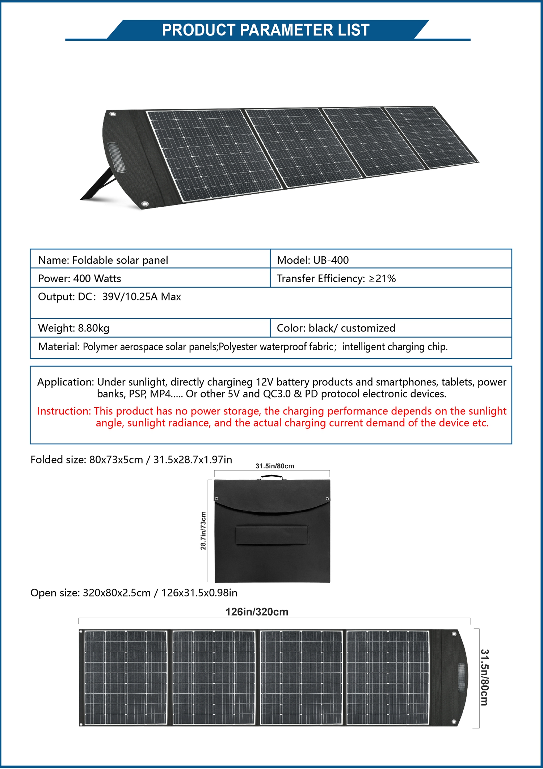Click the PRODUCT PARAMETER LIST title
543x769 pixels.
coord(266,30)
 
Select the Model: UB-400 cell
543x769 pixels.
coord(313,260)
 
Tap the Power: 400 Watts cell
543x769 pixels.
coord(80,278)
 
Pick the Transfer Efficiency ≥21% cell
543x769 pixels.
coord(336,278)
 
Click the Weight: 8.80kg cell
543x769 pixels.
coord(74,328)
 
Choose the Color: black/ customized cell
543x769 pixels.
coord(336,328)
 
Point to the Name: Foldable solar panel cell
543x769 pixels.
coord(103,260)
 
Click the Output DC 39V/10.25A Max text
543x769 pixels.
coord(109,297)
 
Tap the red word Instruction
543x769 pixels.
coord(64,411)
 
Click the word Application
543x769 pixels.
coord(66,382)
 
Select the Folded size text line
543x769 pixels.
coord(131,460)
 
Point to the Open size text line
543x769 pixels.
coord(134,593)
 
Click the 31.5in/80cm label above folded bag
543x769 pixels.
coord(275,466)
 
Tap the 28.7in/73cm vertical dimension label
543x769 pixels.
coord(203,531)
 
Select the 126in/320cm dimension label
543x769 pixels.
coord(257,612)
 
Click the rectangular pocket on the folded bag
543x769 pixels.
coord(272,535)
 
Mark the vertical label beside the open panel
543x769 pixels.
coord(484,677)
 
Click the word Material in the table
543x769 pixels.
coord(59,347)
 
